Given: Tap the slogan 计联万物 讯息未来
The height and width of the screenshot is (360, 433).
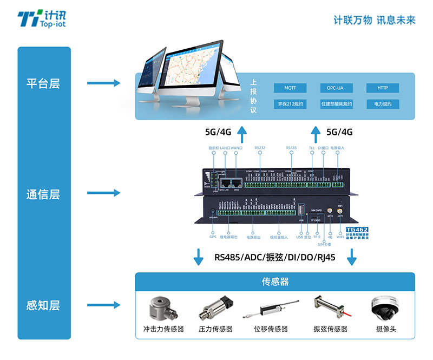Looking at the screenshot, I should pyautogui.click(x=375, y=20).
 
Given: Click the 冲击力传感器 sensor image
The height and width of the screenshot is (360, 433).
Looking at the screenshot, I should pyautogui.click(x=163, y=309).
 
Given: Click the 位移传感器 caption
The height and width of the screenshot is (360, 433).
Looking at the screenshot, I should pyautogui.click(x=271, y=329).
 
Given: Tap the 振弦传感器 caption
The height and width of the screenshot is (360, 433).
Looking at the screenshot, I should pyautogui.click(x=330, y=329).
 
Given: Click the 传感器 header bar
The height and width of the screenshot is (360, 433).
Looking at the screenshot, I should pyautogui.click(x=275, y=282).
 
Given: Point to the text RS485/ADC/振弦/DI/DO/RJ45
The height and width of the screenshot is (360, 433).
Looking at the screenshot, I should pyautogui.click(x=275, y=257).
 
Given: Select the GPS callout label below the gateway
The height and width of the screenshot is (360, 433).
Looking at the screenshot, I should pyautogui.click(x=213, y=237).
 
